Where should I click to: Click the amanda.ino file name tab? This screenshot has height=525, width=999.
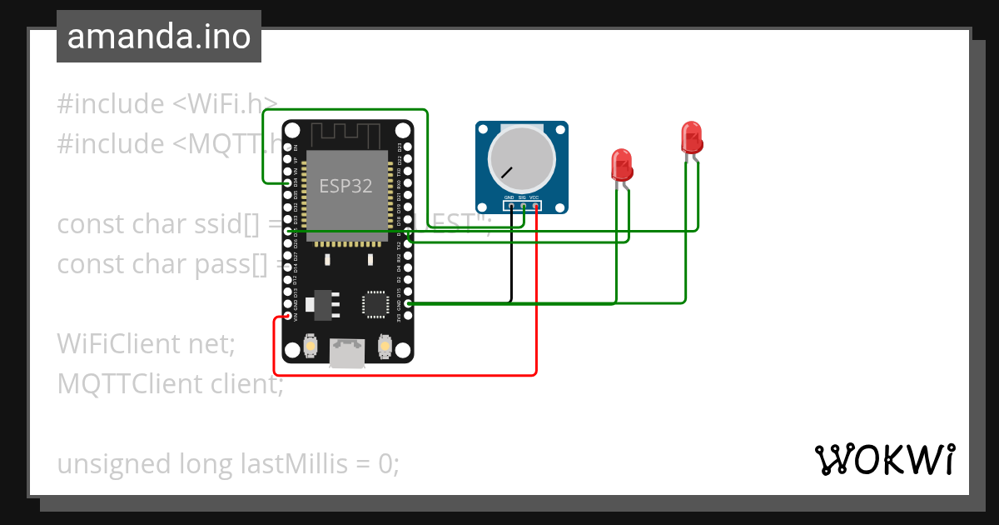(x=158, y=37)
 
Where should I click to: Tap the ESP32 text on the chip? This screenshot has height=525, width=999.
(x=345, y=185)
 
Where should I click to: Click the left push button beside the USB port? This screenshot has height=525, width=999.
(x=310, y=346)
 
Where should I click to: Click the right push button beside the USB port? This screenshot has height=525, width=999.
(x=385, y=345)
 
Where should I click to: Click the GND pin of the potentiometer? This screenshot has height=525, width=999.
(x=510, y=205)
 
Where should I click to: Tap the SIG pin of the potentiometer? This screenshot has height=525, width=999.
(x=523, y=205)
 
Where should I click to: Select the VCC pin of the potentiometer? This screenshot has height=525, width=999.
(x=535, y=205)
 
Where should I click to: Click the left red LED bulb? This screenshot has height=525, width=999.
(x=621, y=164)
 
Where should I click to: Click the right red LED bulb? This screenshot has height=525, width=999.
(x=691, y=137)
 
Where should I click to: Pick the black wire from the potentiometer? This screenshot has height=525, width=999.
(x=510, y=258)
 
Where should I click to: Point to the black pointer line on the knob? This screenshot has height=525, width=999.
(x=506, y=173)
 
